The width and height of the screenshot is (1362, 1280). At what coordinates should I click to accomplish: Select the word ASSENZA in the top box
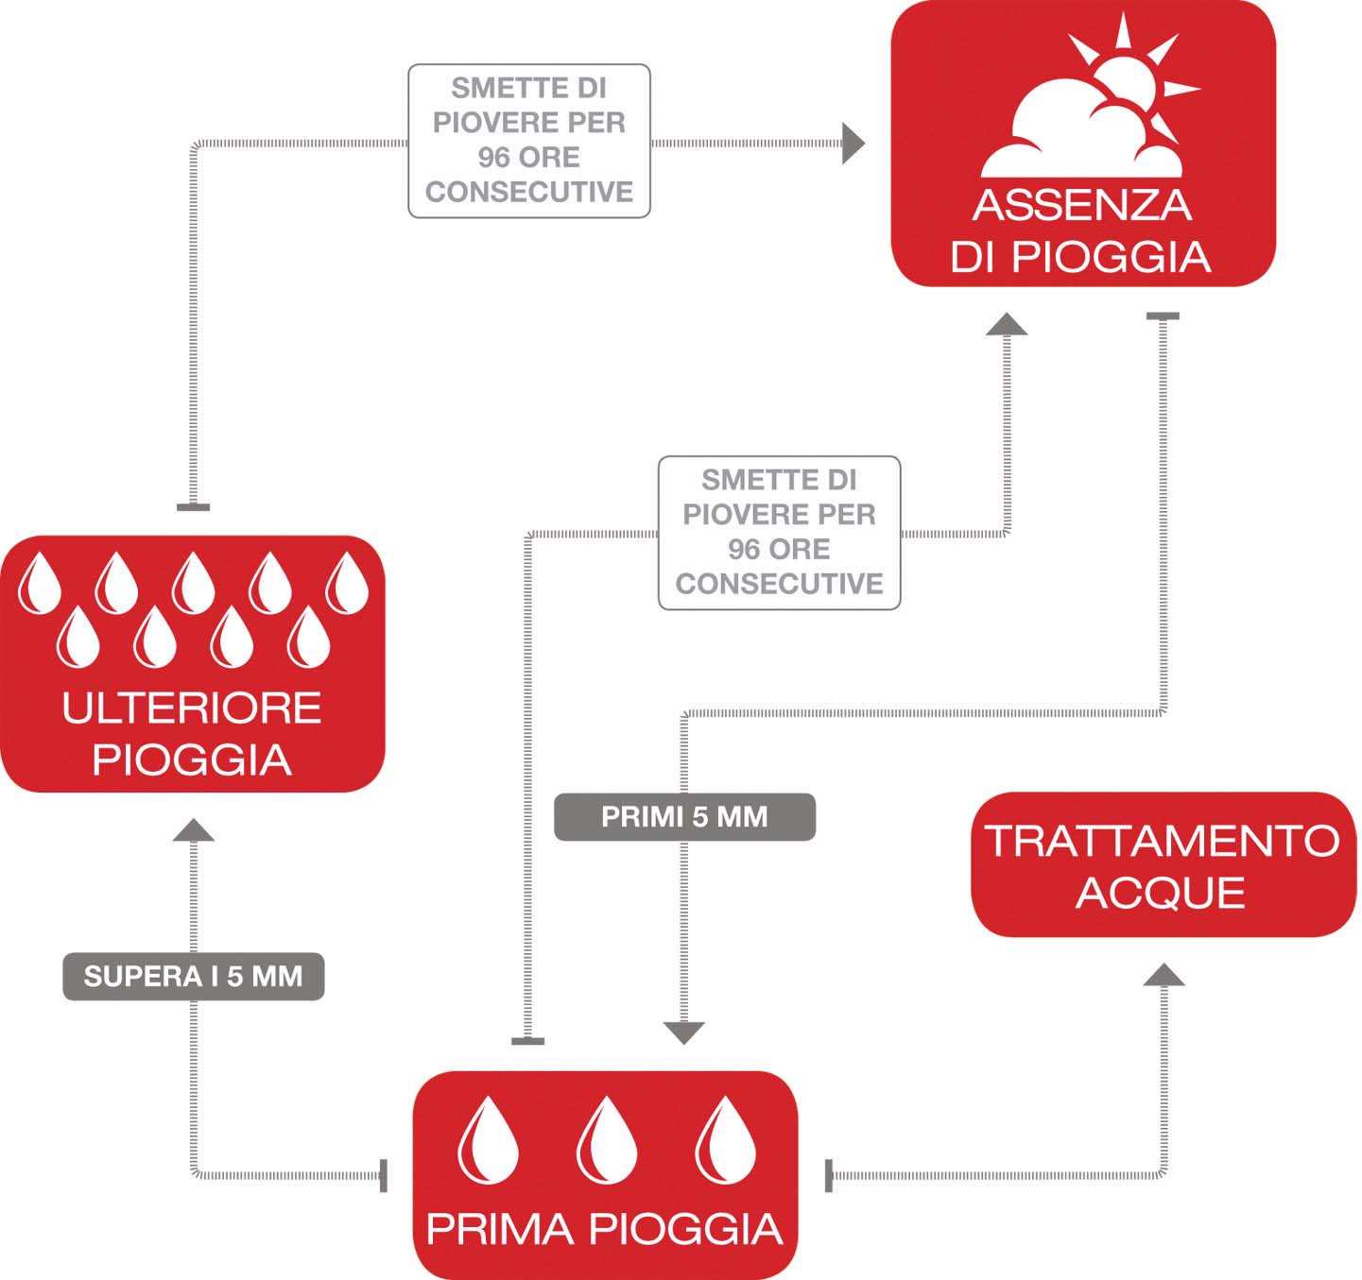(1082, 205)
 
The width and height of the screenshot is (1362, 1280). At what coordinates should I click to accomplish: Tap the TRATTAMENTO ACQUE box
(1164, 864)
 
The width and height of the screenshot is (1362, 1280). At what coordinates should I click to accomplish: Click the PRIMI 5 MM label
(684, 816)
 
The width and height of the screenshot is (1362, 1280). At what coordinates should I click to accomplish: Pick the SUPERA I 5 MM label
(194, 976)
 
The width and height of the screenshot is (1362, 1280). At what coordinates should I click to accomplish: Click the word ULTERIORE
(192, 708)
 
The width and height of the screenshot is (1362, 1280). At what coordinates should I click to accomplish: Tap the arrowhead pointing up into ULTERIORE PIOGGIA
(194, 829)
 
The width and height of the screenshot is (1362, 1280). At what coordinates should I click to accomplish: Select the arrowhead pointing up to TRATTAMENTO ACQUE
(1164, 975)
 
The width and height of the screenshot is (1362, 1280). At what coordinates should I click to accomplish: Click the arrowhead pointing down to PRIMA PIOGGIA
(683, 1033)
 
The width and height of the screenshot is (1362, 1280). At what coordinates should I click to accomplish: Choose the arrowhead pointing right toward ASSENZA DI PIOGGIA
(853, 144)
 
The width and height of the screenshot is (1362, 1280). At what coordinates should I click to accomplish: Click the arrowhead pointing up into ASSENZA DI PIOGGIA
(1007, 324)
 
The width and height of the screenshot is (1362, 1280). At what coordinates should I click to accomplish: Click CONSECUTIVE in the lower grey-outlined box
(779, 584)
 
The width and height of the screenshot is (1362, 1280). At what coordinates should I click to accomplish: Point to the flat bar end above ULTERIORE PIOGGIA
(194, 507)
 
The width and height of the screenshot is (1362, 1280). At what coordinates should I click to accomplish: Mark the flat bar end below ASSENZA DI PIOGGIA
(1164, 316)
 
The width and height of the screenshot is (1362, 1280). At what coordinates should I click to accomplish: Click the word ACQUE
(1161, 894)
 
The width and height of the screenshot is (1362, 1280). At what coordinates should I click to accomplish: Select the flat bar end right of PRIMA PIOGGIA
(828, 1176)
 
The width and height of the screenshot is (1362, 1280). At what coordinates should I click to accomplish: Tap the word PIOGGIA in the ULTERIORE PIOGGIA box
(192, 759)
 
